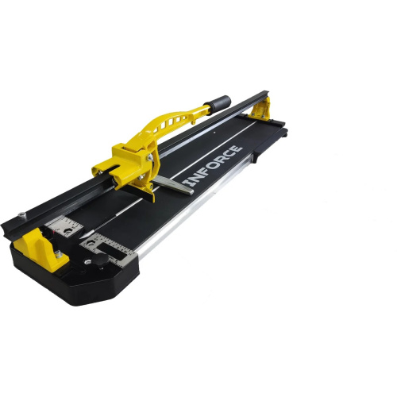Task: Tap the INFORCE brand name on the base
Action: (x=213, y=166)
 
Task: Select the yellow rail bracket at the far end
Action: (x=260, y=109)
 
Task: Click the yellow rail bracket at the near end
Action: (x=40, y=249)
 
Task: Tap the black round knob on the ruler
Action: (x=101, y=260)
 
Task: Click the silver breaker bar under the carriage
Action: (x=173, y=184)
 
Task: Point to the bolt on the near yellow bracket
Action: (x=59, y=255)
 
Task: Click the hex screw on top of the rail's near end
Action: (x=23, y=214)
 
